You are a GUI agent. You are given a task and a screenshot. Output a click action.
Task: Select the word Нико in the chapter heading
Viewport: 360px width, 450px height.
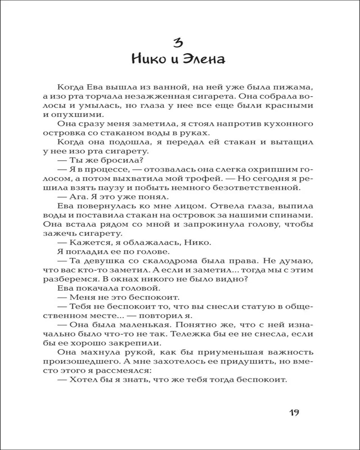(152, 59)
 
